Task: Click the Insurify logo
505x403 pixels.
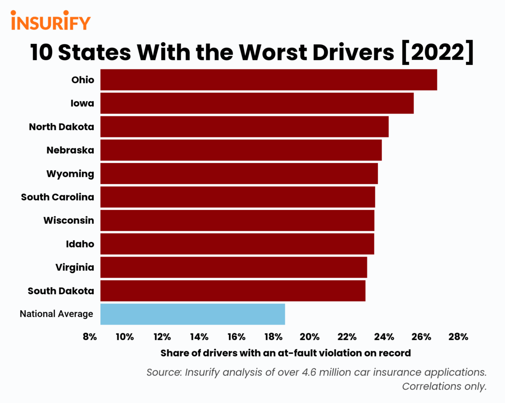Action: click(x=50, y=21)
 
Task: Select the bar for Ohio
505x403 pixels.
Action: click(x=268, y=80)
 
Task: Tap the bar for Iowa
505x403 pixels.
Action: click(x=257, y=103)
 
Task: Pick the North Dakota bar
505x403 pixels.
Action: click(x=244, y=126)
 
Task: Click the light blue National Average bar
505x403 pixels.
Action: click(x=192, y=314)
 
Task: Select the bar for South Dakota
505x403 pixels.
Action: click(x=233, y=290)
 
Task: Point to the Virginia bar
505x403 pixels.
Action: click(x=234, y=267)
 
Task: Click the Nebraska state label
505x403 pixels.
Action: click(x=70, y=150)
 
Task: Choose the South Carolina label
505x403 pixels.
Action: click(x=58, y=197)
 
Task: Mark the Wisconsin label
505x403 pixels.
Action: click(x=69, y=220)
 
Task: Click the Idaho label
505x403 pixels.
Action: click(x=80, y=244)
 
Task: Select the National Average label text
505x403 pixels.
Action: click(x=56, y=314)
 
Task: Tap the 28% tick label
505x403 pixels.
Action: click(x=458, y=336)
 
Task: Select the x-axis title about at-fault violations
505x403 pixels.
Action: click(x=285, y=353)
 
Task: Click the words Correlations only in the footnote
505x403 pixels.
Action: click(x=444, y=387)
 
